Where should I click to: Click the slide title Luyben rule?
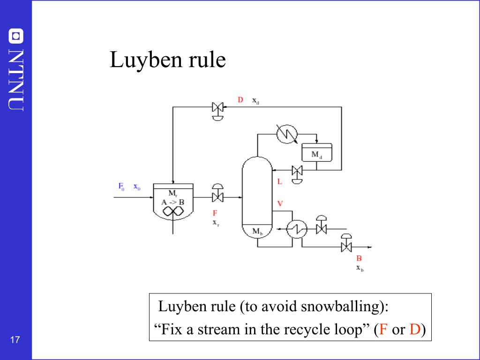pyautogui.click(x=167, y=60)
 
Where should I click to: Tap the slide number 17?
pyautogui.click(x=15, y=339)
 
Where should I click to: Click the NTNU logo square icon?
pyautogui.click(x=16, y=36)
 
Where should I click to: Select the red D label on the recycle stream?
pyautogui.click(x=240, y=100)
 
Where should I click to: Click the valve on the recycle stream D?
pyautogui.click(x=217, y=111)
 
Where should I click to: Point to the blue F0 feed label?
pyautogui.click(x=121, y=187)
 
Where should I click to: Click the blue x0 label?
pyautogui.click(x=137, y=187)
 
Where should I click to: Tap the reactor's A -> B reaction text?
pyautogui.click(x=172, y=202)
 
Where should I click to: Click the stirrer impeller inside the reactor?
pyautogui.click(x=173, y=211)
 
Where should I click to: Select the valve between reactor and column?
pyautogui.click(x=217, y=193)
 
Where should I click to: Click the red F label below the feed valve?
pyautogui.click(x=215, y=213)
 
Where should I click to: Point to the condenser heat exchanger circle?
pyautogui.click(x=287, y=134)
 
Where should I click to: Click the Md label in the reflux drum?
pyautogui.click(x=316, y=155)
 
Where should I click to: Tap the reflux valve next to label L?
pyautogui.click(x=297, y=175)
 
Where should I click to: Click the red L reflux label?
pyautogui.click(x=279, y=181)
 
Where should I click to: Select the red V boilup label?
pyautogui.click(x=280, y=203)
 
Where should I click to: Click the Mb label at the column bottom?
pyautogui.click(x=257, y=232)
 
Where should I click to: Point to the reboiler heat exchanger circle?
pyautogui.click(x=297, y=229)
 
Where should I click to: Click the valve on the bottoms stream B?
pyautogui.click(x=346, y=243)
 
